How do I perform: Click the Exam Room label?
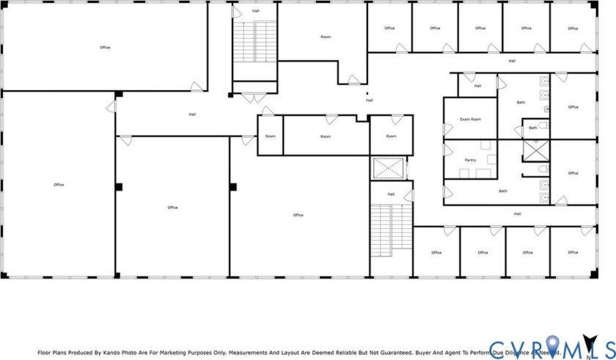(470, 119)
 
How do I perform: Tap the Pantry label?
(470, 160)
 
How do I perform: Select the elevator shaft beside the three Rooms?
(388, 168)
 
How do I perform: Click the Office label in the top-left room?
(105, 48)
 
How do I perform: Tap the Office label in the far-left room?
(59, 185)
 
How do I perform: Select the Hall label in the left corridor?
(192, 114)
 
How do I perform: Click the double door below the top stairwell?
(254, 98)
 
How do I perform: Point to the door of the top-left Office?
(197, 87)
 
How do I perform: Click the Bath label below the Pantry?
(503, 191)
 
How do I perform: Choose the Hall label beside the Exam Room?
(477, 86)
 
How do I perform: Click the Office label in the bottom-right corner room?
(573, 252)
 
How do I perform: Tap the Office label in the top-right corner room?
(573, 29)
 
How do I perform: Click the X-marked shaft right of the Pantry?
(535, 151)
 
